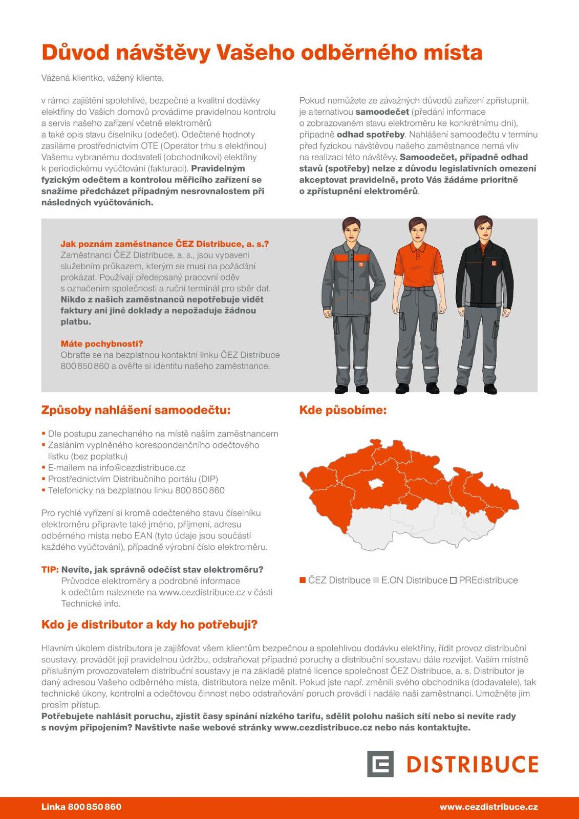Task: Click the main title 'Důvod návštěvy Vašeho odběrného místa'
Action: (262, 53)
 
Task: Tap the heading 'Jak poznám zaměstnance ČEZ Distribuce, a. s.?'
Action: (164, 244)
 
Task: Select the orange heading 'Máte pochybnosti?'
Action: (102, 343)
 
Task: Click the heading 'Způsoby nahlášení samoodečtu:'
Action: (136, 410)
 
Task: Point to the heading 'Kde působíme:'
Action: (342, 410)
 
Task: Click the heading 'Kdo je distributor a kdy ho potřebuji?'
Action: (149, 624)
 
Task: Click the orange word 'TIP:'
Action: (50, 570)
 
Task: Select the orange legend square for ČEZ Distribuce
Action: (303, 580)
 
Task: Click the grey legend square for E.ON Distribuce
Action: (376, 580)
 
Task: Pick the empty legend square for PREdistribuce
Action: (453, 580)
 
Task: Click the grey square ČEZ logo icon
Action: (380, 764)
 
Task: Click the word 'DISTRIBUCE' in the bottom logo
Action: (472, 764)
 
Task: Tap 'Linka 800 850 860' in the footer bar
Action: (81, 807)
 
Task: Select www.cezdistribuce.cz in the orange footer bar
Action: (488, 807)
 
